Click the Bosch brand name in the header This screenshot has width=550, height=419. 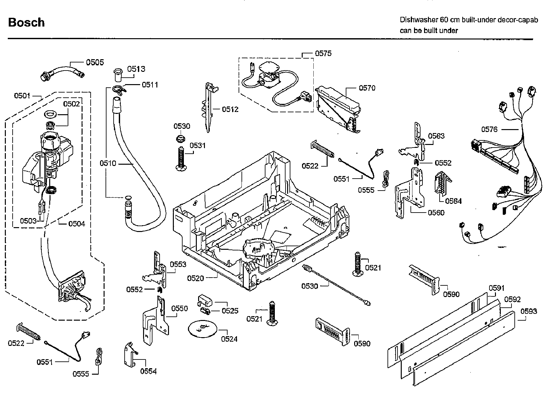coord(26,22)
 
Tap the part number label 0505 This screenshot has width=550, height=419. coord(95,62)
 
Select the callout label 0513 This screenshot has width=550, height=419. coord(136,69)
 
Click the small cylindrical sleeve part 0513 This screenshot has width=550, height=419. coord(117,75)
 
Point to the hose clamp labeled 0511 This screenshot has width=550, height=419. coord(118,90)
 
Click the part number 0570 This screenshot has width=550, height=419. coord(367,88)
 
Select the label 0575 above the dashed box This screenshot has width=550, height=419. coord(323,53)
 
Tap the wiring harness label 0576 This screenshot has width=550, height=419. coord(489,129)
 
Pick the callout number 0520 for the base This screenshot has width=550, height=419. coord(196,278)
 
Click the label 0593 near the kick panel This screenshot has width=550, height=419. coord(529,311)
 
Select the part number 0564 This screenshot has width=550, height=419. coord(453,201)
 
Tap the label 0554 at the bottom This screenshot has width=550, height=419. coord(148,371)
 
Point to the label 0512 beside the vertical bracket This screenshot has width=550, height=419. coord(230,109)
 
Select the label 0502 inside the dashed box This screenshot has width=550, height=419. coord(72,104)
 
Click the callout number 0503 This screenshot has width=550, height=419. coord(28,221)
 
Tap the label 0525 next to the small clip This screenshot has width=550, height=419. coord(230,311)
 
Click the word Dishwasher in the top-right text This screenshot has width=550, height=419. coord(419,20)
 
